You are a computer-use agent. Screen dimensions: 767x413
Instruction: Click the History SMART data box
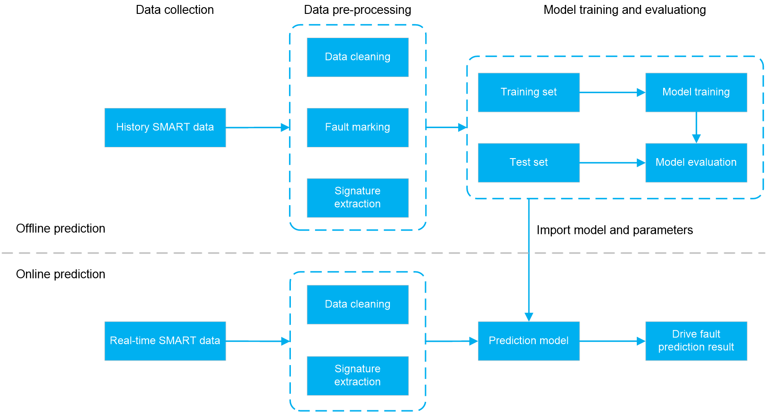(165, 128)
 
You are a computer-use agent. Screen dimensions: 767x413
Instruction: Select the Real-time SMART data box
(165, 341)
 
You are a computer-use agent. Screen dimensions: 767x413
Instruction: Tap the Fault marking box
(358, 128)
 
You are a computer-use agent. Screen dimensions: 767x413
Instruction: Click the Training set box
(528, 92)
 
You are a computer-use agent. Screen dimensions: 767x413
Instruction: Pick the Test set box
(528, 163)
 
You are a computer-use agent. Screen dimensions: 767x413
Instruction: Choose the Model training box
(696, 92)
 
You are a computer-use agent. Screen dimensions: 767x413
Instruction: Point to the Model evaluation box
(696, 163)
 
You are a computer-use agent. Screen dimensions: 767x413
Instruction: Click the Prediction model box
(528, 341)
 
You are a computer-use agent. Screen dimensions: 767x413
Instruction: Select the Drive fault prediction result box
(696, 341)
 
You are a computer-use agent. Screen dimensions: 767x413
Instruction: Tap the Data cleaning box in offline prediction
(358, 57)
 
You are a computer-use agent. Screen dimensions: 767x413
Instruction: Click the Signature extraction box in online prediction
(358, 376)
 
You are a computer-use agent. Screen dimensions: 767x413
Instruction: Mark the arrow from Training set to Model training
(613, 92)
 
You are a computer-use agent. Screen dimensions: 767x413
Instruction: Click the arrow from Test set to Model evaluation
(613, 163)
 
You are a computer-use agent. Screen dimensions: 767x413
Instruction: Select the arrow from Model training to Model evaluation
(696, 128)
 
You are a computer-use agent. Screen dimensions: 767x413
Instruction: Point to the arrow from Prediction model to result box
(613, 341)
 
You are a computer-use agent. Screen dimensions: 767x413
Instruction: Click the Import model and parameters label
(614, 230)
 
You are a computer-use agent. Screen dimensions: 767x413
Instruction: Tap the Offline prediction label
(60, 228)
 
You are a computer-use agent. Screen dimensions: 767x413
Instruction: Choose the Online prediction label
(60, 274)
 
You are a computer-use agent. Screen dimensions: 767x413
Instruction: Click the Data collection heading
(175, 9)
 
